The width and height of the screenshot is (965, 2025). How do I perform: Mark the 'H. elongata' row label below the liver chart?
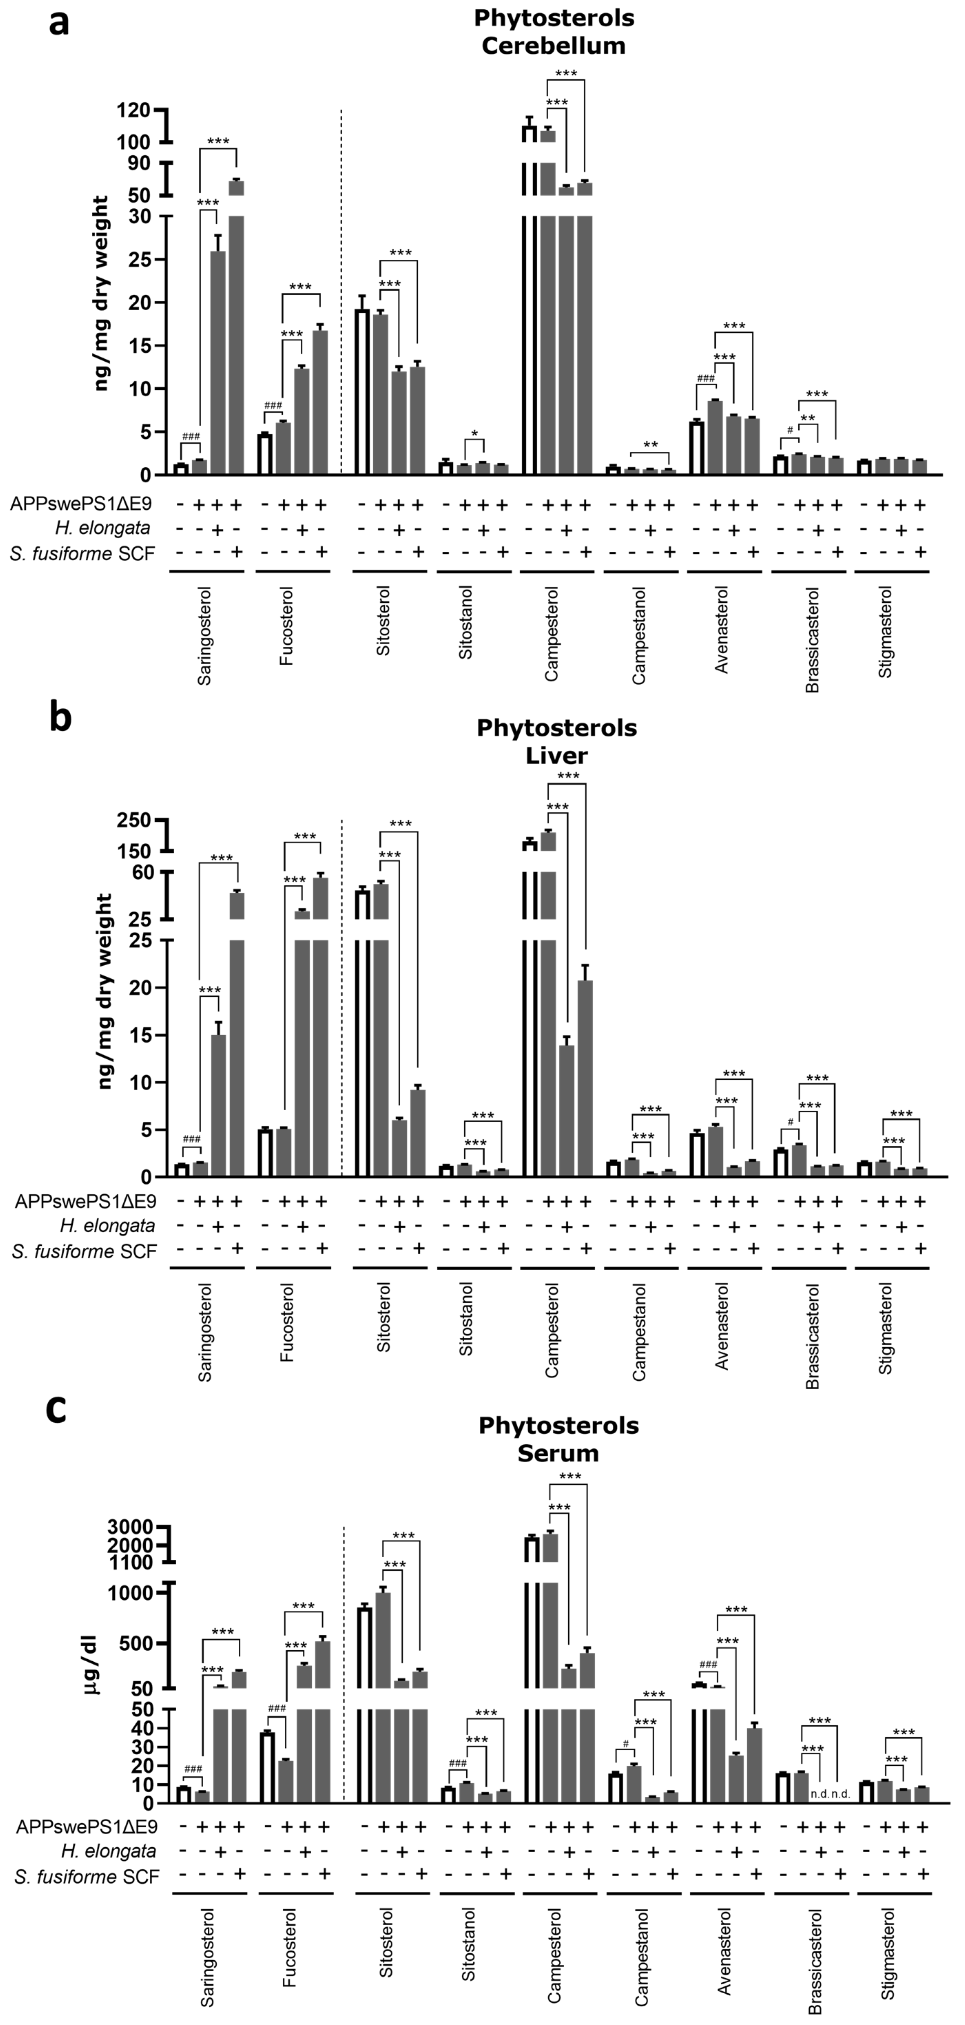pos(108,1226)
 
